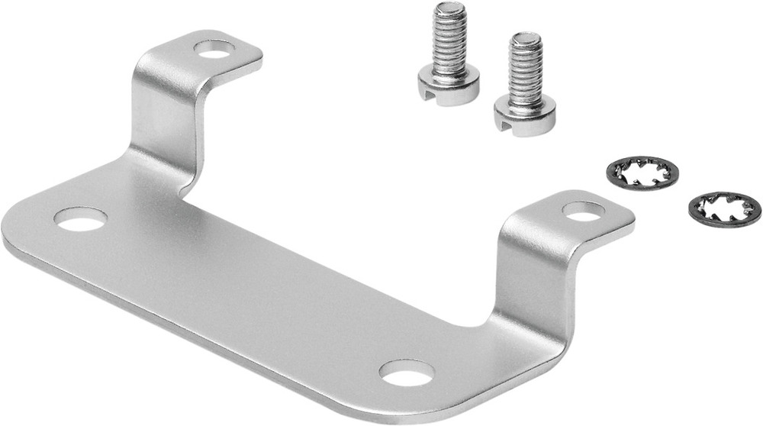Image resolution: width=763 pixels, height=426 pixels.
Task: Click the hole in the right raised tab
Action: [584, 211]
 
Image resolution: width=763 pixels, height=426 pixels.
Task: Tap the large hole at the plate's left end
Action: [80, 219]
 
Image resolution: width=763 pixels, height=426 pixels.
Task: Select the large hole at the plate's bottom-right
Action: [407, 373]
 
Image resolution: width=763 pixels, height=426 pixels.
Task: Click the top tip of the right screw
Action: [526, 37]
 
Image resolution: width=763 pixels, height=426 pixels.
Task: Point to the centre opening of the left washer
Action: [639, 173]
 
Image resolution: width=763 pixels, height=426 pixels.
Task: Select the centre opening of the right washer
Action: [724, 208]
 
